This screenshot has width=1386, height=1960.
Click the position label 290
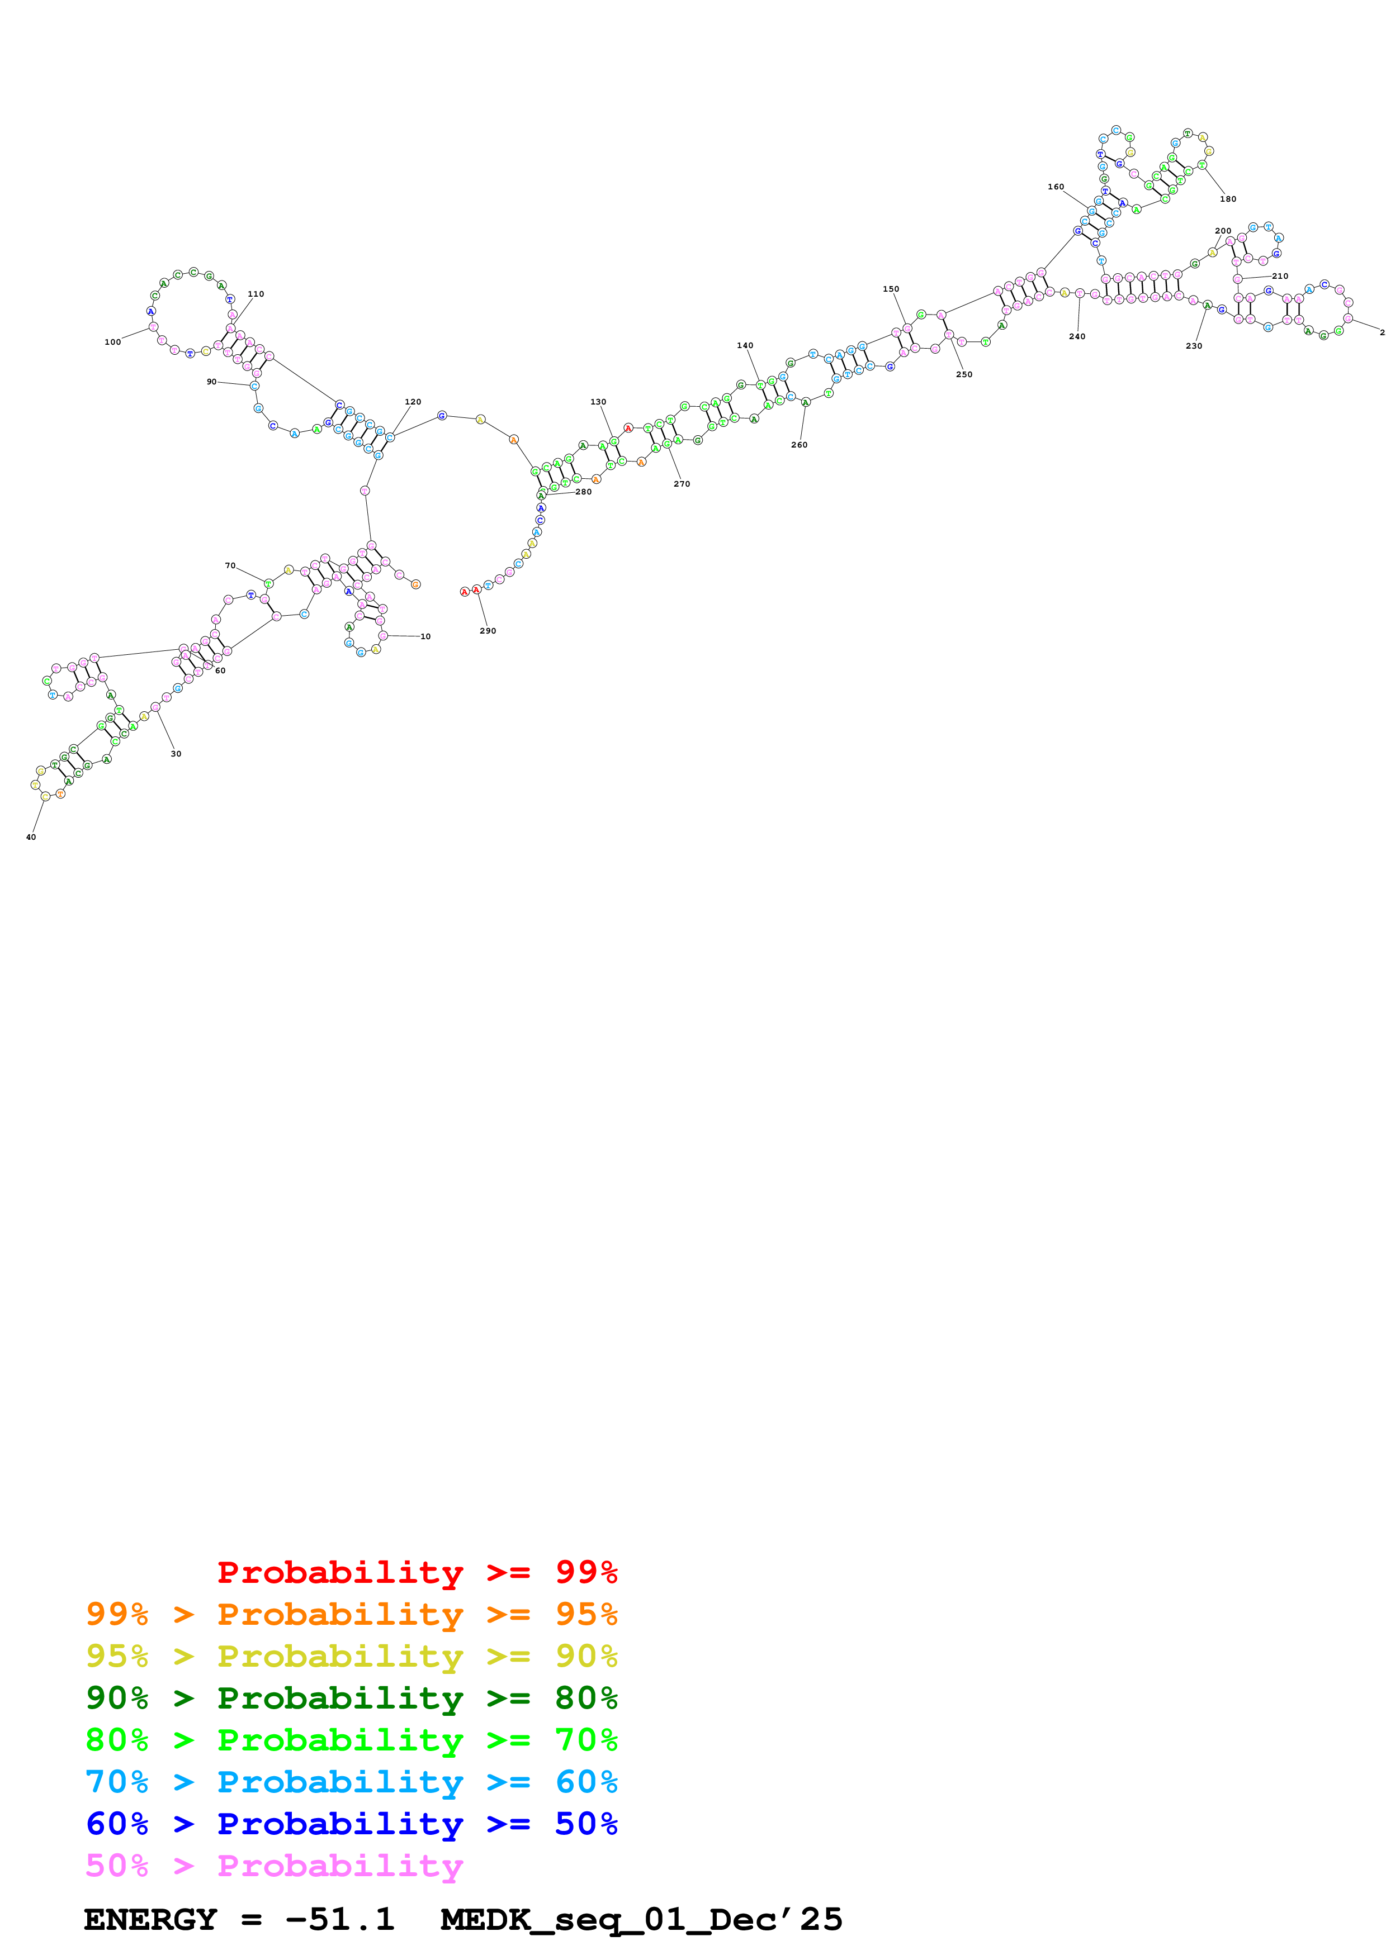point(488,631)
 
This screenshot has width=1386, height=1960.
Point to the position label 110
point(256,294)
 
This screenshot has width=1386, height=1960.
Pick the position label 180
point(1228,199)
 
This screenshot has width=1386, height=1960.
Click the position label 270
point(682,484)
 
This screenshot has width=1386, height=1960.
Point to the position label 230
point(1194,346)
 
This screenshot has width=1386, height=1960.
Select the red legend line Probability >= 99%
point(417,1572)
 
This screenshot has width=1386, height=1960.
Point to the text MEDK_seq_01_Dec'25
point(641,1919)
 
